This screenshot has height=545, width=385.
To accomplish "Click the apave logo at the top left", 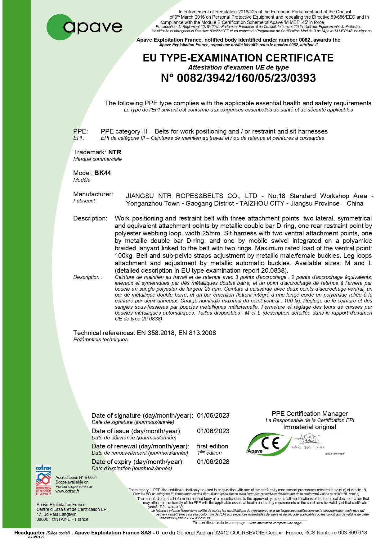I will tap(84, 27).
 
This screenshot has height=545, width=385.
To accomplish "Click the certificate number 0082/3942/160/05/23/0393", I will tap(238, 78).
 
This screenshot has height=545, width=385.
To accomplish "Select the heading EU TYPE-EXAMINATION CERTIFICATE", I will tap(238, 58).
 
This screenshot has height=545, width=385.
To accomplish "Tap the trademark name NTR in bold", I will tap(115, 152).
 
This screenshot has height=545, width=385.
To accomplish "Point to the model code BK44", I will tap(103, 173).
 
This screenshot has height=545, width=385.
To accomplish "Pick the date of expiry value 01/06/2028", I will tap(213, 462).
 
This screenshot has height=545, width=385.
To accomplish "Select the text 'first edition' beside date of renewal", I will tap(213, 446).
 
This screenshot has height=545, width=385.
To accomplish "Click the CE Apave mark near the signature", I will tap(269, 444).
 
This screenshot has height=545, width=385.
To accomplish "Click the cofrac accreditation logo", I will tap(43, 480).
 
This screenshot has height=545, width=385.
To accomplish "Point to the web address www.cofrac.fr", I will tap(67, 491).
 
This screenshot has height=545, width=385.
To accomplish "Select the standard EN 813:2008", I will tap(197, 333).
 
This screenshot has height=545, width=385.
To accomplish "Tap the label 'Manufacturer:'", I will tap(93, 194).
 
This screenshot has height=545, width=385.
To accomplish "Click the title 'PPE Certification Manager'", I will tap(310, 414).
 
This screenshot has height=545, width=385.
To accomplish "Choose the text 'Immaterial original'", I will tap(310, 427).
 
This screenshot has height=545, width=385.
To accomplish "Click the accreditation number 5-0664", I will tap(91, 478).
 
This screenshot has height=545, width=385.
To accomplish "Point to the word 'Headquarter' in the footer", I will tap(29, 533).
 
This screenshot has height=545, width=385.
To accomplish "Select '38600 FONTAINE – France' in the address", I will tap(62, 519).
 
